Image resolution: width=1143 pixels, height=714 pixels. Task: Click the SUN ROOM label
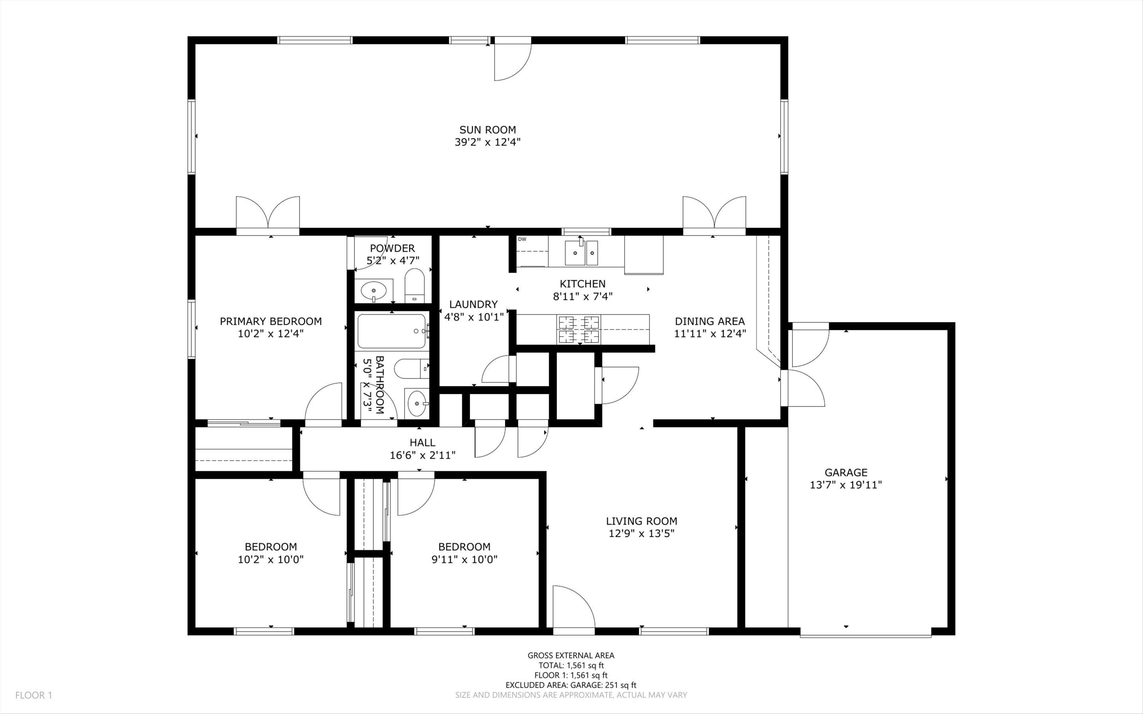tap(488, 130)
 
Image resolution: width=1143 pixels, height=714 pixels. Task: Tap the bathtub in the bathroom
tap(392, 331)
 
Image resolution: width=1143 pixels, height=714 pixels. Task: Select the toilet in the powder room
tap(415, 286)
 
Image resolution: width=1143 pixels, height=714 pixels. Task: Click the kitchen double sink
tap(582, 252)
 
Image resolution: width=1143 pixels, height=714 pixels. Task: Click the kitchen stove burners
tap(579, 329)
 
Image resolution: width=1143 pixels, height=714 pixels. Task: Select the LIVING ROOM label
tap(642, 521)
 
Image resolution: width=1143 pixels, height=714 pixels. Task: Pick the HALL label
tap(423, 442)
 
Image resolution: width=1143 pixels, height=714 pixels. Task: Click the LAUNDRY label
tap(474, 304)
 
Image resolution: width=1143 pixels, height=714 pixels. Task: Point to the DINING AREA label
tap(709, 322)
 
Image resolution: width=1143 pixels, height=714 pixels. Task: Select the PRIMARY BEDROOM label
tap(271, 322)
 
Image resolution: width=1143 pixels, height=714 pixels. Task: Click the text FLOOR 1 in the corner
tap(34, 695)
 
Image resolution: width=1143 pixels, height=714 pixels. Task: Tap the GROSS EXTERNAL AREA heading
tap(571, 655)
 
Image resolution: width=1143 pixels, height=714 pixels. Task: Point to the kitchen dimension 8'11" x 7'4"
tap(583, 296)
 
